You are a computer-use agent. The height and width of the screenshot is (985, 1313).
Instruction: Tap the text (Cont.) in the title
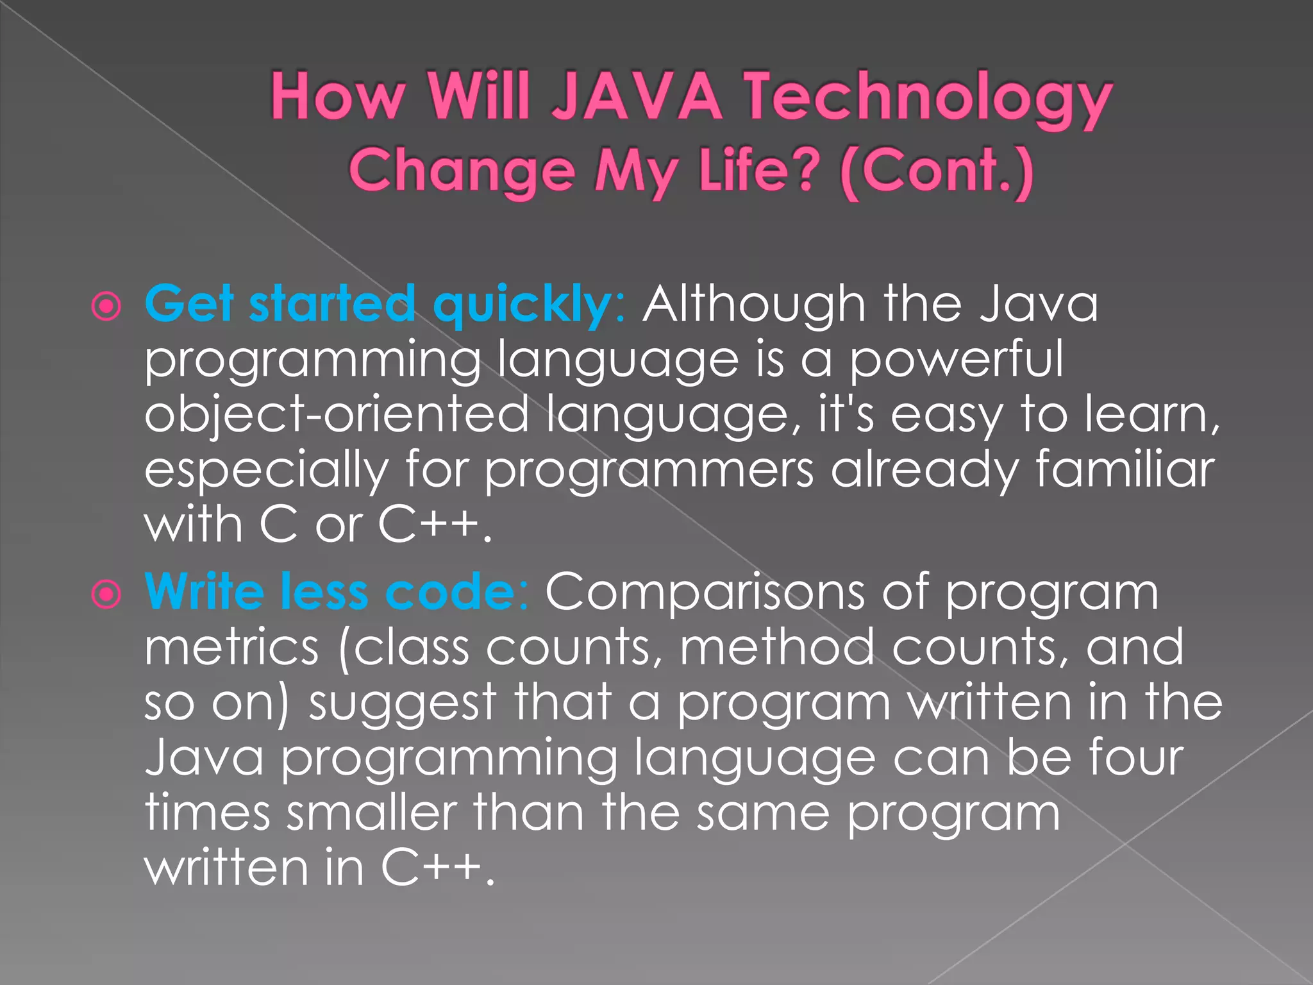(x=937, y=171)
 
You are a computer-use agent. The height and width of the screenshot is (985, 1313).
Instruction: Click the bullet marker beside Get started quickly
(x=106, y=307)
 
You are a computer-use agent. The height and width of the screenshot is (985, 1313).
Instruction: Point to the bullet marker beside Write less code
(x=106, y=594)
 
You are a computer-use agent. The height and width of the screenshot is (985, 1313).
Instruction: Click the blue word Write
(x=204, y=591)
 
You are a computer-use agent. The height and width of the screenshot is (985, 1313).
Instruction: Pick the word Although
(x=754, y=304)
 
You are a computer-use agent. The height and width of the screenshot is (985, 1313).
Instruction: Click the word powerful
(x=957, y=360)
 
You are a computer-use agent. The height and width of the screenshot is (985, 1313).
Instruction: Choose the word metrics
(x=231, y=647)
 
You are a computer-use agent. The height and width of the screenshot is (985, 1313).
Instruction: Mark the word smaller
(x=371, y=812)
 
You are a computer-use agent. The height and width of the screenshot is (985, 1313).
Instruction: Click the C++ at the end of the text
(x=431, y=868)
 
